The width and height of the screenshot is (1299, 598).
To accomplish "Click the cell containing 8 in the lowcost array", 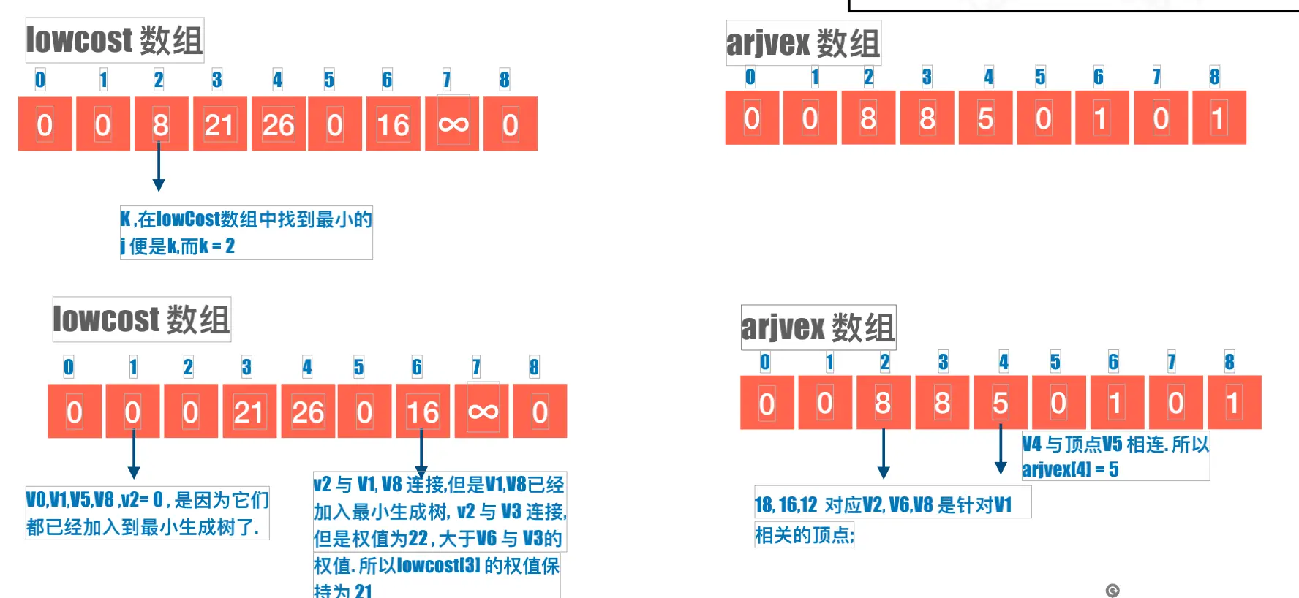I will coord(161,124).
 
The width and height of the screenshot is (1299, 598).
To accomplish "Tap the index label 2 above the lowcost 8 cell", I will coord(159,80).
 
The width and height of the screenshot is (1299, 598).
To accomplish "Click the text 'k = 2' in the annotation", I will coord(217,246).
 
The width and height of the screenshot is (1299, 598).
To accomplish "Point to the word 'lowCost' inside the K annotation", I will coord(188,219).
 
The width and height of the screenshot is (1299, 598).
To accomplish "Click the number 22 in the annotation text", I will coord(418,540).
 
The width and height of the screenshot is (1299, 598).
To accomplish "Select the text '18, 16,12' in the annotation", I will coord(786,504).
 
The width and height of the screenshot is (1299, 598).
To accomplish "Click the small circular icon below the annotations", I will coord(1112,591).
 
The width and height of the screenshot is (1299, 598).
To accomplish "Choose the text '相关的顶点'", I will coord(803,536).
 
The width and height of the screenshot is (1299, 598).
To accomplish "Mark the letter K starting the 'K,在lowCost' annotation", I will coord(126,219).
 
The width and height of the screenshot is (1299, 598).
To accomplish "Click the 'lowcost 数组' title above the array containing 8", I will coord(115,40).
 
